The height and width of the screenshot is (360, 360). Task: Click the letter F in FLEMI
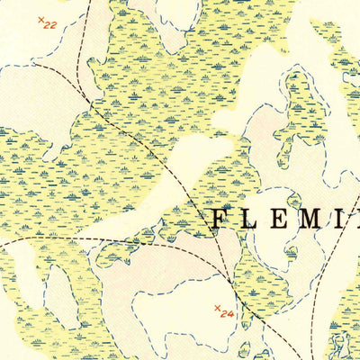220,218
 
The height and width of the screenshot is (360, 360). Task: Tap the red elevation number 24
227,315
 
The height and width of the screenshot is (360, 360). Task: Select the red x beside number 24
217,309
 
